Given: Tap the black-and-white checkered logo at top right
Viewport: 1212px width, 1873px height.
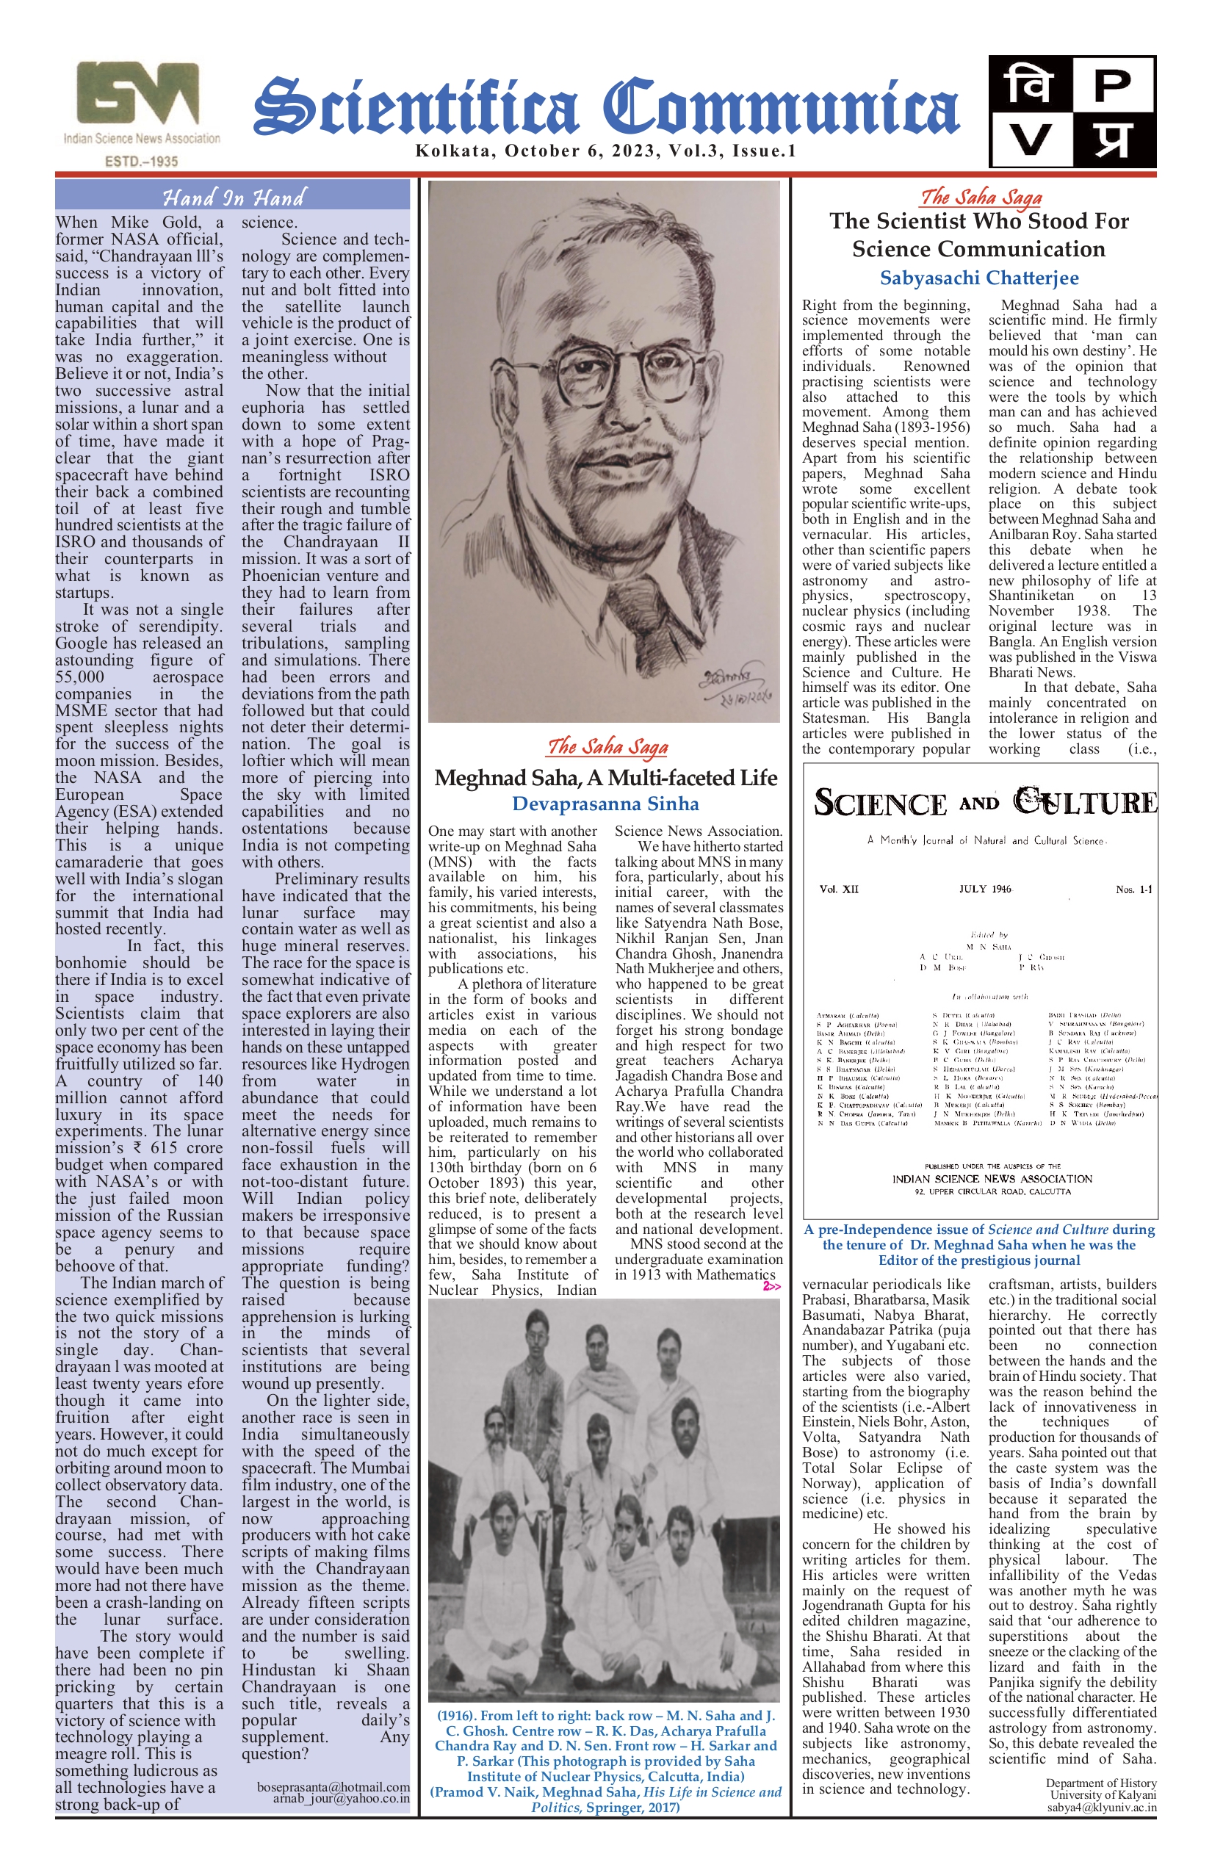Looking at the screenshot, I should (x=1072, y=111).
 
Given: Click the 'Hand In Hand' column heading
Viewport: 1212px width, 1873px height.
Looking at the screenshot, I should (x=233, y=196).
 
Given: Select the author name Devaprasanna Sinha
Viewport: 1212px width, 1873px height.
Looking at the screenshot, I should (x=605, y=804).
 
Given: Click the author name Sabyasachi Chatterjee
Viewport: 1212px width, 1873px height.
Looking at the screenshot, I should (x=979, y=278).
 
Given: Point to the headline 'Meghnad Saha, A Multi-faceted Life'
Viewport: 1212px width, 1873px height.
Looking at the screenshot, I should (x=605, y=778).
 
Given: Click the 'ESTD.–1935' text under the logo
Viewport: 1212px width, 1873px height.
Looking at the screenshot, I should (x=141, y=161).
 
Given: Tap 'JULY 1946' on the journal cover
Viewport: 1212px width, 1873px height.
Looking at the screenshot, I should (x=984, y=889).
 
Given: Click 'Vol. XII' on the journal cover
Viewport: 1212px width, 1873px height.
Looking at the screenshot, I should (x=839, y=889).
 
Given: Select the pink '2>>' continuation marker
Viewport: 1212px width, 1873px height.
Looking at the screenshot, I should (x=771, y=1286).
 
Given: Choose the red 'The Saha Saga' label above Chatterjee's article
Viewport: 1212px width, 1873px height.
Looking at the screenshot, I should (x=981, y=197).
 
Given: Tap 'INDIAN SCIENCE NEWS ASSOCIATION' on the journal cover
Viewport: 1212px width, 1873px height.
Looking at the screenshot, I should (x=992, y=1178).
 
